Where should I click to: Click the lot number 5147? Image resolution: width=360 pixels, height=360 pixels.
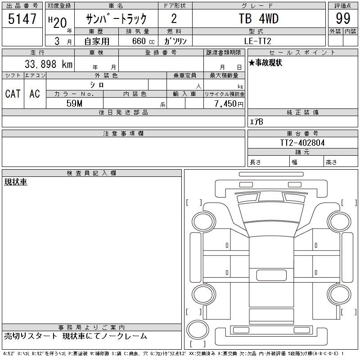[x=22, y=18]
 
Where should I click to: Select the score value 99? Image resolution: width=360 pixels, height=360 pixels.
[x=343, y=18]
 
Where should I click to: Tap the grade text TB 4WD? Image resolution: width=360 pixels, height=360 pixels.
[x=259, y=18]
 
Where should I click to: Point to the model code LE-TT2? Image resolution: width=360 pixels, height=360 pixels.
[x=257, y=41]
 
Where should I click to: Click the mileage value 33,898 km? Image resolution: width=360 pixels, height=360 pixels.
[x=49, y=64]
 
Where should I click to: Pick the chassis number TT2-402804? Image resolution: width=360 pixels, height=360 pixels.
[x=302, y=143]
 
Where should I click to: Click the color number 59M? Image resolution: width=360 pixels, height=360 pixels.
[x=74, y=103]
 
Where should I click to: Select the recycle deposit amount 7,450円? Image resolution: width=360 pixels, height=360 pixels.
[x=229, y=104]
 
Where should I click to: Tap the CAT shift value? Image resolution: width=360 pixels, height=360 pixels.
[x=13, y=94]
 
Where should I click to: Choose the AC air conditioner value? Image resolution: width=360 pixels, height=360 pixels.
[x=35, y=94]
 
